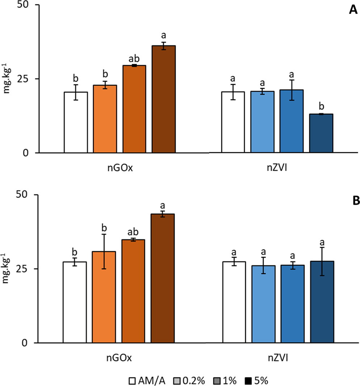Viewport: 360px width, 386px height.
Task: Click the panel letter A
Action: (353, 11)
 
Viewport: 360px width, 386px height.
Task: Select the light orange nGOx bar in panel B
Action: (104, 297)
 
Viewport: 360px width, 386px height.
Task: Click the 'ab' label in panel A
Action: (134, 59)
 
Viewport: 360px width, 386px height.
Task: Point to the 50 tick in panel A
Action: (25, 5)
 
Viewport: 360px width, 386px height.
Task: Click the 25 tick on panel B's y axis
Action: (25, 269)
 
